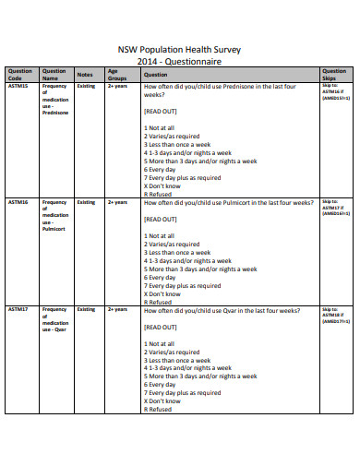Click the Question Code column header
pyautogui.click(x=19, y=75)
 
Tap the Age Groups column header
pyautogui.click(x=117, y=75)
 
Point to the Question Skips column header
pyautogui.click(x=334, y=75)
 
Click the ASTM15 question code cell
pyautogui.click(x=18, y=86)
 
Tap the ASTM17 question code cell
pyautogui.click(x=18, y=310)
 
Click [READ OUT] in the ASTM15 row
pyautogui.click(x=161, y=111)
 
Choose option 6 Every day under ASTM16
pyautogui.click(x=160, y=277)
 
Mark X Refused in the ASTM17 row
pyautogui.click(x=158, y=410)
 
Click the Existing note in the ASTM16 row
pyautogui.click(x=86, y=201)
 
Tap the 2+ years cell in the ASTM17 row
pyautogui.click(x=117, y=310)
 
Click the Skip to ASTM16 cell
pyautogui.click(x=333, y=94)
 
